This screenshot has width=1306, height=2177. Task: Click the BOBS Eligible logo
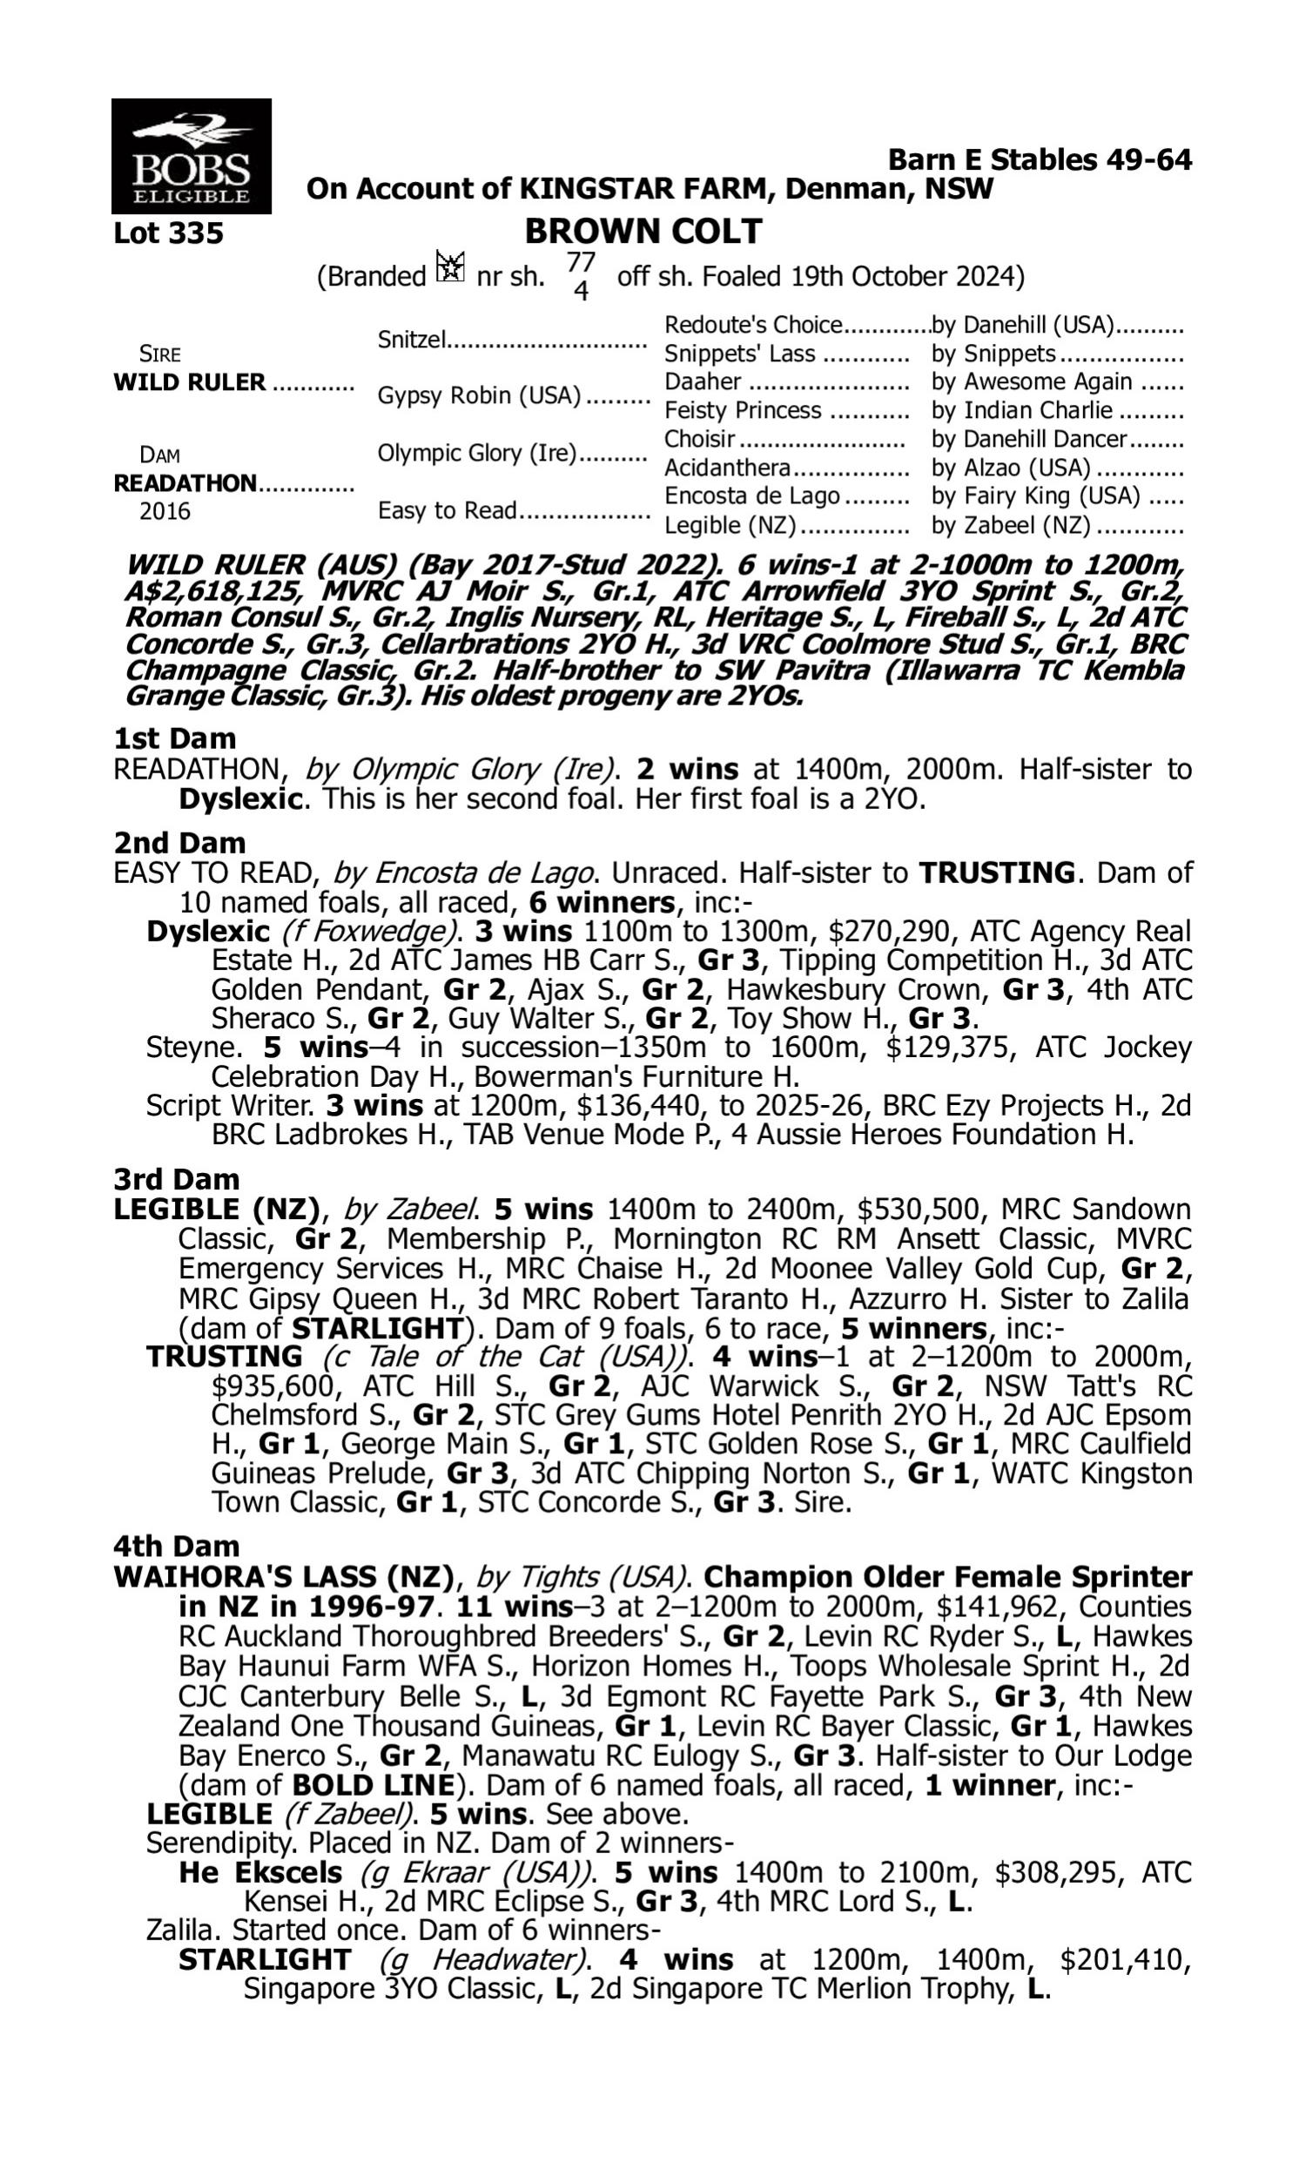pos(191,156)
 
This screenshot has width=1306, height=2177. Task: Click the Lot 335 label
pos(169,233)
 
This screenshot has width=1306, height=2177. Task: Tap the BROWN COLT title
pos(643,232)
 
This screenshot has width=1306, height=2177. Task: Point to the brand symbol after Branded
pos(450,266)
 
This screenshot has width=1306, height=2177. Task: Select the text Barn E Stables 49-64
pos(1040,159)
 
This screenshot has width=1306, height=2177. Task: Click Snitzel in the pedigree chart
pos(412,339)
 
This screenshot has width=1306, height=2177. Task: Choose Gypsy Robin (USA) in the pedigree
pos(479,396)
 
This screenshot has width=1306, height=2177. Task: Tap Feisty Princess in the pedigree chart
pos(743,410)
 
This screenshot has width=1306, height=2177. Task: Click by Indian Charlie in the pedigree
pos(1022,410)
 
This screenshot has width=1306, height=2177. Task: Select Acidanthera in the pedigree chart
pos(727,468)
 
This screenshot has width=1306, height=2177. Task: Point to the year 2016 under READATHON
pos(165,511)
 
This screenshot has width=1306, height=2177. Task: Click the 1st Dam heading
pos(175,738)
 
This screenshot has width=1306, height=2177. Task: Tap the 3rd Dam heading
pos(176,1179)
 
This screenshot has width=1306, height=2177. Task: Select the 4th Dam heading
pos(176,1546)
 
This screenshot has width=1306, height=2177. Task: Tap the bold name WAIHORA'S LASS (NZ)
pos(282,1576)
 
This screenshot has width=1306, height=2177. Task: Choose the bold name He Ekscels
pos(260,1871)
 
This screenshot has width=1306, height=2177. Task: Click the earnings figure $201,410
pos(1125,1959)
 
